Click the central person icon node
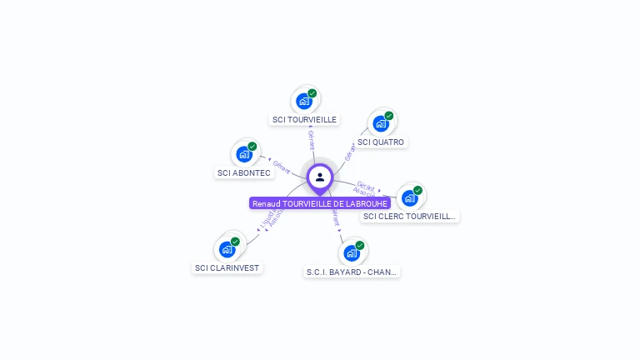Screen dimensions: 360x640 pos(320,177)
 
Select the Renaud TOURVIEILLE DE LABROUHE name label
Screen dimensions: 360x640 pos(320,203)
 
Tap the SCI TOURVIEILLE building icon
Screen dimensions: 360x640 pos(304,101)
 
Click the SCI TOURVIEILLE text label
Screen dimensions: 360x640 pos(304,120)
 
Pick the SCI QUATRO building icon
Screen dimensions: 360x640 pos(381,123)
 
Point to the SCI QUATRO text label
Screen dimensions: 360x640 pos(381,142)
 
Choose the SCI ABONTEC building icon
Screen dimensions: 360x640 pos(243,154)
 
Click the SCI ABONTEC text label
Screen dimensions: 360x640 pos(243,173)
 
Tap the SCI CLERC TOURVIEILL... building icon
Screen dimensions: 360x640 pos(409,197)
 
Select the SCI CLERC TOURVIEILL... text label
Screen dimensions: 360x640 pos(410,217)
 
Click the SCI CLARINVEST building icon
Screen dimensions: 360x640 pos(227,249)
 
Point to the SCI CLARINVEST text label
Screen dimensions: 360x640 pos(227,268)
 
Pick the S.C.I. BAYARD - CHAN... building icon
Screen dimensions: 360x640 pos(351,252)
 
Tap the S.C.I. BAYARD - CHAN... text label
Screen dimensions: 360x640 pos(352,272)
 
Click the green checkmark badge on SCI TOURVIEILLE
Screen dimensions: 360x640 pos(312,93)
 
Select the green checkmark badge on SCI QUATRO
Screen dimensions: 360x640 pos(389,116)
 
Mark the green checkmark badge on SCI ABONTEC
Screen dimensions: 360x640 pos(252,147)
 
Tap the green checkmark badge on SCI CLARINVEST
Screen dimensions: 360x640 pos(235,242)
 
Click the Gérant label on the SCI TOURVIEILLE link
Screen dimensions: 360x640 pos(311,139)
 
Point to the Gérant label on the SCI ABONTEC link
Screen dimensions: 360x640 pos(282,167)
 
